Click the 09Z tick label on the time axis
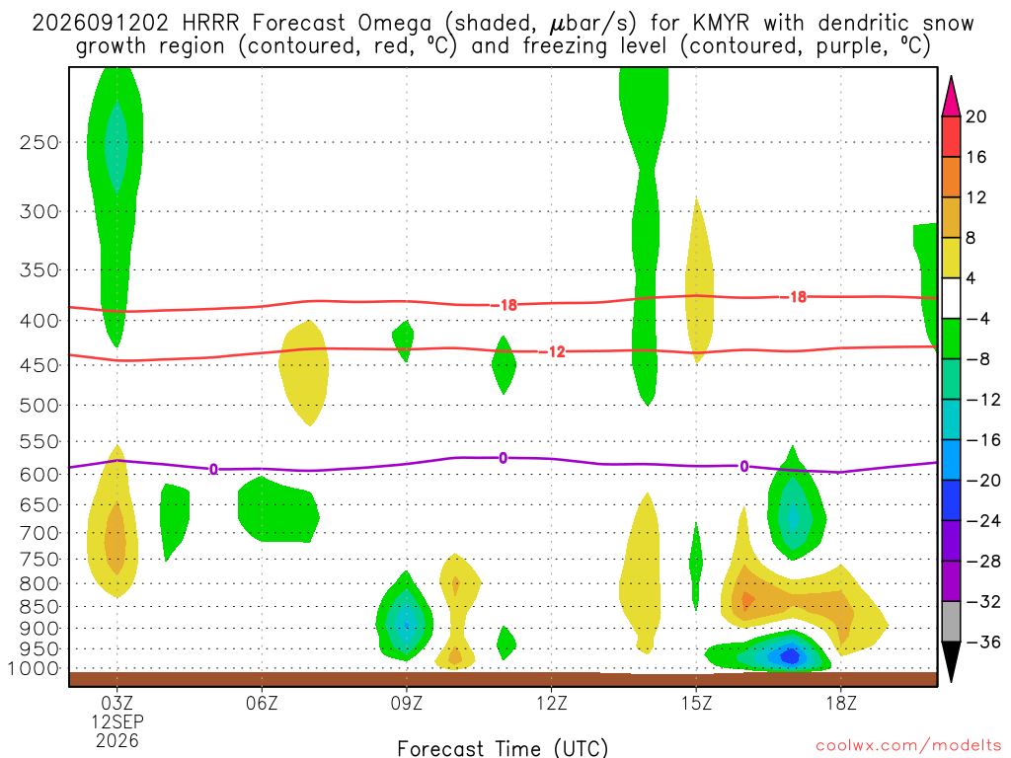406,703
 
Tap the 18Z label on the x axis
841,703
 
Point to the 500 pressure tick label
39,406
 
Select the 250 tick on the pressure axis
39,142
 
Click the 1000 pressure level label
34,668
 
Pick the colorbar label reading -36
982,642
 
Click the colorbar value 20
976,116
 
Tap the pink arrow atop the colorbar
951,96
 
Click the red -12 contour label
552,352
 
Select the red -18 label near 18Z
794,297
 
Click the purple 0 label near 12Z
503,458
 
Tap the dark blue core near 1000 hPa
790,656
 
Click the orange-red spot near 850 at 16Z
747,600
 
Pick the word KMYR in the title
722,24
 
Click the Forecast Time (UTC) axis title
503,748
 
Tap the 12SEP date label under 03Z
117,721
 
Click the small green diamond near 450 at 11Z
504,365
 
